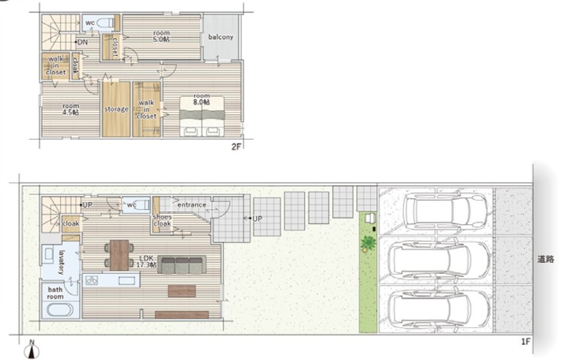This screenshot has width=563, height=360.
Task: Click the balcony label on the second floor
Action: pos(221,37)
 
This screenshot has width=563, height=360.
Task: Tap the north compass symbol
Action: pos(32,349)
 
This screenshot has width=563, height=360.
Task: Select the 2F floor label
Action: pos(236,146)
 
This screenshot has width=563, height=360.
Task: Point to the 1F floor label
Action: pos(526,341)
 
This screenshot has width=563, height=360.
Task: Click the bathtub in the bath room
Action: pos(60,310)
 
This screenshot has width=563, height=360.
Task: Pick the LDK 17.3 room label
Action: pos(146,261)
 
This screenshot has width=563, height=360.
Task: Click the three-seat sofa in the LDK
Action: pos(182,265)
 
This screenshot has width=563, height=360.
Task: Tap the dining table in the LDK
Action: pos(119,255)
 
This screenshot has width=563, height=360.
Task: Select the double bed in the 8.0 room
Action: pos(202,117)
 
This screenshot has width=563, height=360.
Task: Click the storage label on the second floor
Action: pos(117,109)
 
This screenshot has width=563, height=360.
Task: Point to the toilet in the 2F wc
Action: pos(106,23)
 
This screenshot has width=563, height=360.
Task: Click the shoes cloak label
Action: pos(162,220)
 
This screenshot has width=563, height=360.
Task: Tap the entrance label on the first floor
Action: pos(192,205)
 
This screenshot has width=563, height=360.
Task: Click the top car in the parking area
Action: pos(445,210)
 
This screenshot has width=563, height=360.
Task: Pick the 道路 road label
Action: pos(546,259)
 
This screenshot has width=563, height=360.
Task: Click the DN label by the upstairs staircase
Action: pos(82,42)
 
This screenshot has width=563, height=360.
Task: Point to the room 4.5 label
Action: pos(71,109)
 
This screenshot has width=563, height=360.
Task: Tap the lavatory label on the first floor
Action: pos(61,262)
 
